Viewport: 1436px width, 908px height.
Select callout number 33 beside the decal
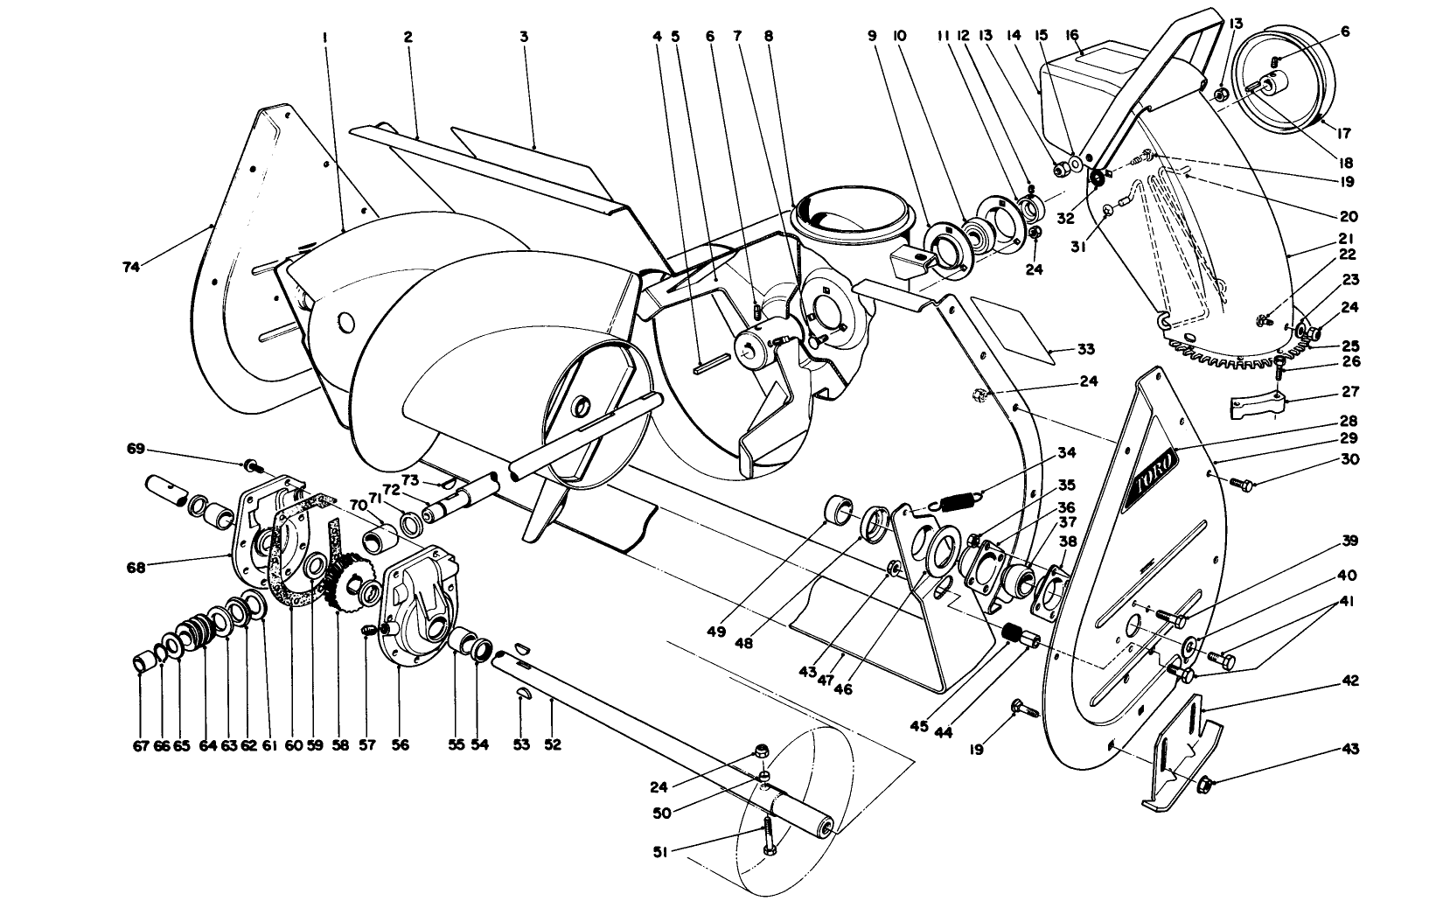[x=1084, y=350]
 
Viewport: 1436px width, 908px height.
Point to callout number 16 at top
[x=1071, y=35]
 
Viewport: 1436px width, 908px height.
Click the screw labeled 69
[x=248, y=464]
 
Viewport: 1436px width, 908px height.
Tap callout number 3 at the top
[x=523, y=37]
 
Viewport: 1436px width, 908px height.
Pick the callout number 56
[x=401, y=744]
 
